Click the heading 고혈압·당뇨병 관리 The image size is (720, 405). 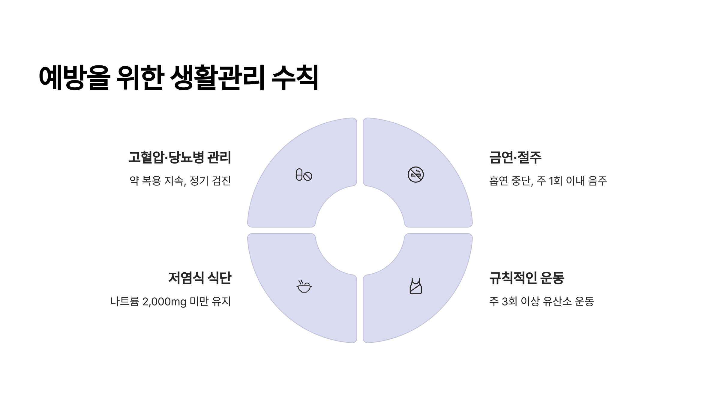[180, 157]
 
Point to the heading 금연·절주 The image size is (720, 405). [515, 157]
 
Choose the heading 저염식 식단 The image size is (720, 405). [200, 278]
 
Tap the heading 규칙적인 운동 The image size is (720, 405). [526, 278]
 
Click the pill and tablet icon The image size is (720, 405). [304, 175]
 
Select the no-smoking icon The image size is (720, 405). [415, 175]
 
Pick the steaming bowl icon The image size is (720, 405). [304, 286]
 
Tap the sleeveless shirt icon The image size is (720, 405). [415, 286]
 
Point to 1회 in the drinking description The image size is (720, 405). [555, 181]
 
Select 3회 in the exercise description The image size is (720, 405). [509, 301]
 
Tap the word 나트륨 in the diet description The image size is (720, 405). [125, 301]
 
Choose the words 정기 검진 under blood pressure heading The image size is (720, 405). [210, 181]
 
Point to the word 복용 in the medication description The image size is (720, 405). [151, 181]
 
